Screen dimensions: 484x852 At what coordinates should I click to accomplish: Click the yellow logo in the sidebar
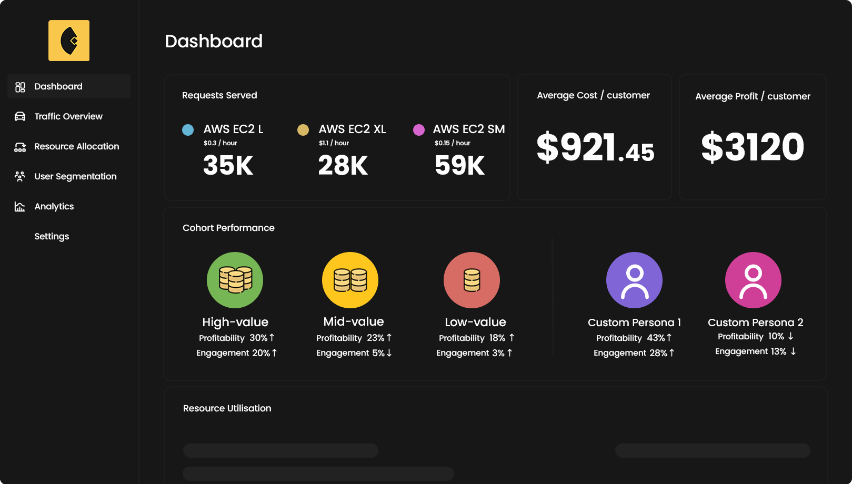pos(69,41)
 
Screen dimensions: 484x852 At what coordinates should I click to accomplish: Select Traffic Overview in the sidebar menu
pos(68,116)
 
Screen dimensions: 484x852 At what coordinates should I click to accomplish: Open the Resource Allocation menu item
pos(76,146)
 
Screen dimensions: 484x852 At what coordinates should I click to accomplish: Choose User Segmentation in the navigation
pos(75,176)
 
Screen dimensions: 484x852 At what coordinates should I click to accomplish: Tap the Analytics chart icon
pos(20,206)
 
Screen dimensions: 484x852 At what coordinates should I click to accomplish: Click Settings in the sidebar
pos(52,236)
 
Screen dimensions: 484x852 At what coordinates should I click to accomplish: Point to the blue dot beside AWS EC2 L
pos(188,130)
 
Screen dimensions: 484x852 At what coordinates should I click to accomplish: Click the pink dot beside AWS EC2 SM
pos(419,130)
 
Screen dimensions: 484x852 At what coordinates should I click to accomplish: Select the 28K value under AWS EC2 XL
pos(343,165)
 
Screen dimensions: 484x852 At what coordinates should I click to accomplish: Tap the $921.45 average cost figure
pos(595,147)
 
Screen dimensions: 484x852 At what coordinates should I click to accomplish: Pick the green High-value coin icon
pos(235,280)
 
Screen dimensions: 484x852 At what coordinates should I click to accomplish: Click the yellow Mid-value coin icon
pos(350,280)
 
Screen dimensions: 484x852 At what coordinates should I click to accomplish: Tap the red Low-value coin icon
pos(472,280)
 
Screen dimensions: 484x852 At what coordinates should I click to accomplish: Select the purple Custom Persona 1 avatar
pos(634,280)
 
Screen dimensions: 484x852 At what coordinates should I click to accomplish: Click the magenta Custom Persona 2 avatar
pos(753,280)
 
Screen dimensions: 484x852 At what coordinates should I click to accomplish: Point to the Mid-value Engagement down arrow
pos(389,353)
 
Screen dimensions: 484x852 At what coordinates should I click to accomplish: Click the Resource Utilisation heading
pos(227,408)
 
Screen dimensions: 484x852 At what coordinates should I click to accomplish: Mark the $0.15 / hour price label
pos(452,143)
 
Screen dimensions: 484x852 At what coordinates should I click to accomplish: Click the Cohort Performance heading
pos(228,228)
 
